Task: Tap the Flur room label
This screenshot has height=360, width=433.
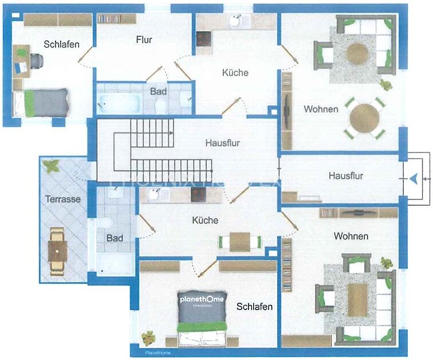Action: click(x=144, y=40)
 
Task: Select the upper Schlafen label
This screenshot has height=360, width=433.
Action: click(x=61, y=44)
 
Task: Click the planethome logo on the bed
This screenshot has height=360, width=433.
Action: click(x=202, y=300)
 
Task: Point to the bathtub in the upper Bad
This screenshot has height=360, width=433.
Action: click(x=120, y=103)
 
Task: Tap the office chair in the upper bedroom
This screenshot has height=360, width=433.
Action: click(x=37, y=60)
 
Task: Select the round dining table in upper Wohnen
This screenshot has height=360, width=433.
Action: click(x=365, y=118)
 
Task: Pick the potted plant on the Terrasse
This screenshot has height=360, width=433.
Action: click(x=52, y=166)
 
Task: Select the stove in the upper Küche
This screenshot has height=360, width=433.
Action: click(x=204, y=39)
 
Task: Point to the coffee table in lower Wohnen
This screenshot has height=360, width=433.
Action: click(x=357, y=299)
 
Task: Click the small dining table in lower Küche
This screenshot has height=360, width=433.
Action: click(x=240, y=241)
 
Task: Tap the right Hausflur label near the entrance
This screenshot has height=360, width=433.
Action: click(x=345, y=176)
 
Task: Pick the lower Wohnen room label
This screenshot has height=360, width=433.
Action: click(x=351, y=236)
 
